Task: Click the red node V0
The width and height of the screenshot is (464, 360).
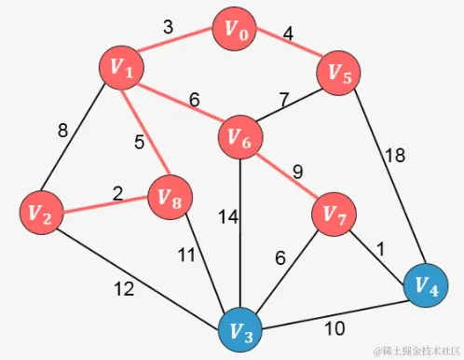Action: point(238,30)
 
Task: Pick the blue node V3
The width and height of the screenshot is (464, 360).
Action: point(242,330)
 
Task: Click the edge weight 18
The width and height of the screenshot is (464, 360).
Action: point(396,157)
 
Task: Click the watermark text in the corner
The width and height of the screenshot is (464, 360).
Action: point(415,351)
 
